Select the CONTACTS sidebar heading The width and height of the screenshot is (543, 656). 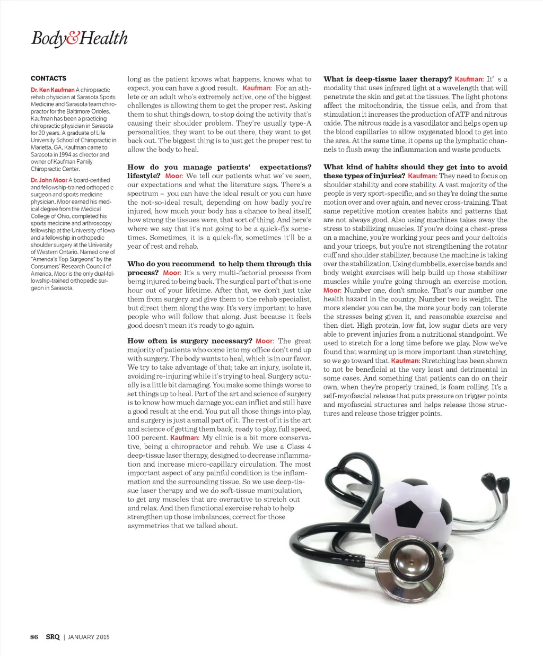pyautogui.click(x=49, y=78)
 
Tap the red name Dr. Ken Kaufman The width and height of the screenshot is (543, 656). pyautogui.click(x=52, y=90)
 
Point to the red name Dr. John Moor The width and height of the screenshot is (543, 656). pyautogui.click(x=49, y=180)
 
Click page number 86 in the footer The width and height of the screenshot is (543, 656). pyautogui.click(x=34, y=637)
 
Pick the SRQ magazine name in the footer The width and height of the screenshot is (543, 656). pyautogui.click(x=52, y=637)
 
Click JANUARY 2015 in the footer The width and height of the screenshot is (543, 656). pyautogui.click(x=89, y=637)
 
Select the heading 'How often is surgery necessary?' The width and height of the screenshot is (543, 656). pyautogui.click(x=190, y=341)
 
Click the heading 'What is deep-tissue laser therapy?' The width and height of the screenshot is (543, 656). pyautogui.click(x=388, y=79)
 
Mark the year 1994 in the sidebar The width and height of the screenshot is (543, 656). pyautogui.click(x=66, y=155)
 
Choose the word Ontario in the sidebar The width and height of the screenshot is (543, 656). pyautogui.click(x=76, y=252)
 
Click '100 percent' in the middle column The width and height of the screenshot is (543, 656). pyautogui.click(x=147, y=438)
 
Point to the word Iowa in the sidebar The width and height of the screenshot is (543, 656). pyautogui.click(x=108, y=231)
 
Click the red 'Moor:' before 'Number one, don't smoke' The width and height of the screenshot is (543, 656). pyautogui.click(x=332, y=291)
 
